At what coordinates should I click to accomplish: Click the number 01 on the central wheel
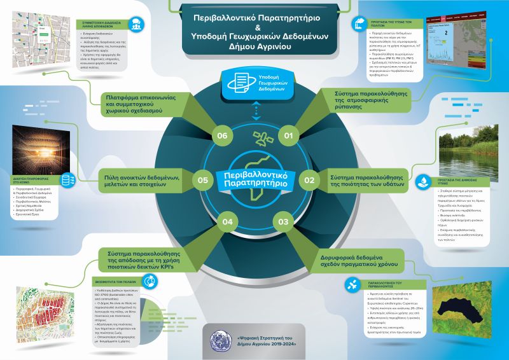288,135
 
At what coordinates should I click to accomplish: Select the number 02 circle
310,180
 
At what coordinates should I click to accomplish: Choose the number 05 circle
203,180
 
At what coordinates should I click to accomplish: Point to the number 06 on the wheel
222,135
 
